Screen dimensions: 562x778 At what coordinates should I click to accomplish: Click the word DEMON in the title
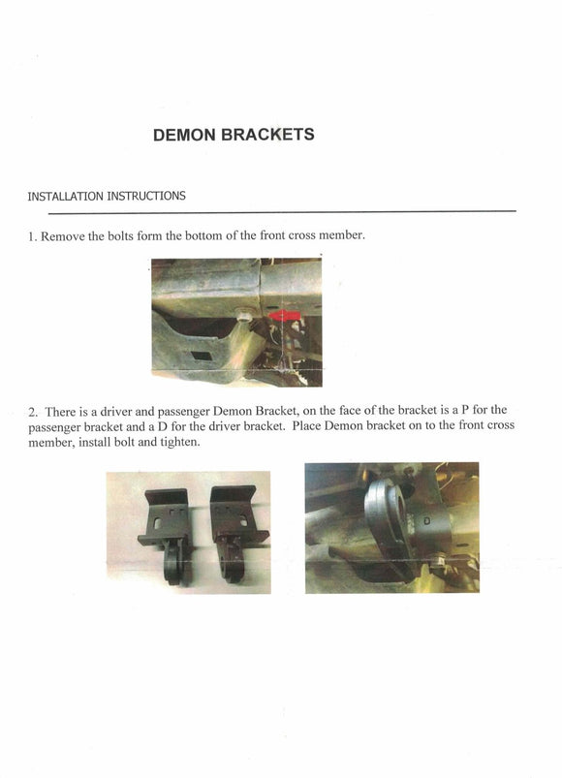(184, 135)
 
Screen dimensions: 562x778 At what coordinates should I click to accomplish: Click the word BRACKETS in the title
(267, 135)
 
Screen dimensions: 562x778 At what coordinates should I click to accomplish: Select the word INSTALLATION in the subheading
(66, 196)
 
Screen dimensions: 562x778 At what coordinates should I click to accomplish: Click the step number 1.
(32, 236)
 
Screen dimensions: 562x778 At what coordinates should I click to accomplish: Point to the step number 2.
(33, 413)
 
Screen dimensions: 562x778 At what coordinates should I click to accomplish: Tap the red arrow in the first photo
(284, 316)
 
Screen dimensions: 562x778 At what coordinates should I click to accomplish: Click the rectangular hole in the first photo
(201, 357)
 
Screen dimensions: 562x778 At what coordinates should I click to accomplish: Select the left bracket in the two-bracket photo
(165, 535)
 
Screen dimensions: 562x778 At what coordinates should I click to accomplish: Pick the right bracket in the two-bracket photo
(238, 532)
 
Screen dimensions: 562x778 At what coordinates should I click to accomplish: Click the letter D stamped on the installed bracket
(426, 521)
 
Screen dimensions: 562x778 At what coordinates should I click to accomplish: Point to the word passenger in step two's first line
(183, 412)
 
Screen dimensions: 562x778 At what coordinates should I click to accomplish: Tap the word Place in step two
(306, 425)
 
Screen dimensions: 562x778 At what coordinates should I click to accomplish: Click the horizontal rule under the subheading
(282, 212)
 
